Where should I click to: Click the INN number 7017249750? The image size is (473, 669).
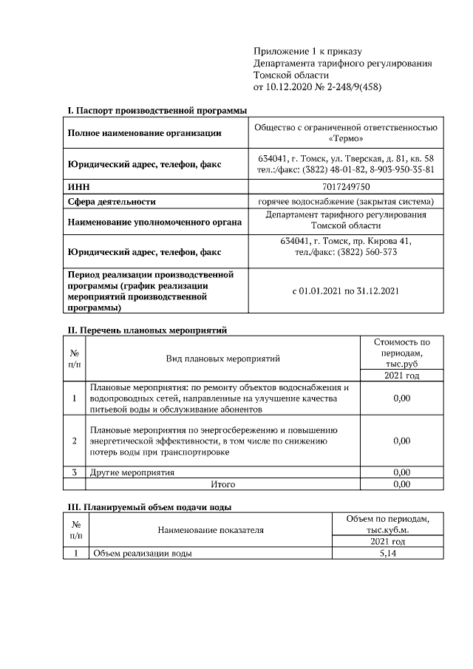[346, 187]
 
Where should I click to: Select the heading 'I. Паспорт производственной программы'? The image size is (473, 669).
[157, 110]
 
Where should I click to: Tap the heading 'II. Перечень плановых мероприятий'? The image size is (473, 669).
[150, 329]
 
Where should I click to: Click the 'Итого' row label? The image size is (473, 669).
[222, 484]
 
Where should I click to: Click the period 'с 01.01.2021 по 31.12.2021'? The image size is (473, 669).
[346, 291]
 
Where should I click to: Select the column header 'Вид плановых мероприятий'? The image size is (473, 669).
[222, 359]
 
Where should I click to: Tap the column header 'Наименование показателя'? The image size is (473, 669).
[210, 530]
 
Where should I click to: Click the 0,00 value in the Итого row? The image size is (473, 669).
[401, 484]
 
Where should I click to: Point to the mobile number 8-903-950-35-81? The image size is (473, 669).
[397, 170]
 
